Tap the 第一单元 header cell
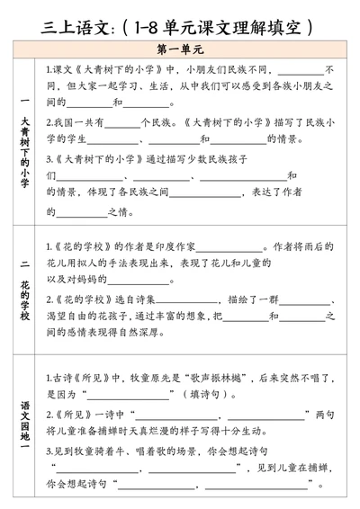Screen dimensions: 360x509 [x=181, y=50]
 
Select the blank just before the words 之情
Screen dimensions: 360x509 [x=82, y=212]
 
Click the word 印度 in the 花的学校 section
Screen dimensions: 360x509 [x=156, y=246]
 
